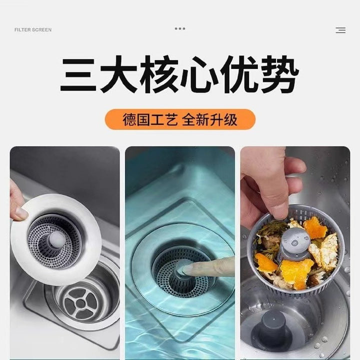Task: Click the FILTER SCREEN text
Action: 33,30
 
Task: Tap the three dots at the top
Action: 180,28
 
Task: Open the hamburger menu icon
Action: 340,30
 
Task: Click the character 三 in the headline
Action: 78,74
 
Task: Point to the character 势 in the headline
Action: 279,74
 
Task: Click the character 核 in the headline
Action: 159,74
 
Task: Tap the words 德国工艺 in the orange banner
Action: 150,119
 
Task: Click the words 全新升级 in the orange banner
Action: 209,119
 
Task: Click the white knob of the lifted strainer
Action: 56,238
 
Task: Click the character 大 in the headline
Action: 118,74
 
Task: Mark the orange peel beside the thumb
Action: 314,228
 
